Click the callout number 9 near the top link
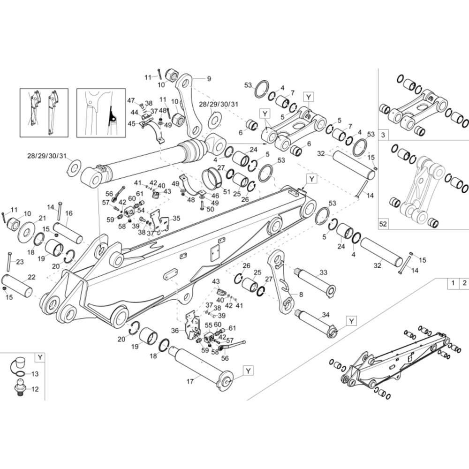[209, 78]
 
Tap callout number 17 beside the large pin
[190, 381]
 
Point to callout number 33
[323, 272]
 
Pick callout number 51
[227, 191]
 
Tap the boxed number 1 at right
[453, 283]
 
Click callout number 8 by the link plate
[288, 295]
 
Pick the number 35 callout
[176, 218]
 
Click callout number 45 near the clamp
[131, 124]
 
